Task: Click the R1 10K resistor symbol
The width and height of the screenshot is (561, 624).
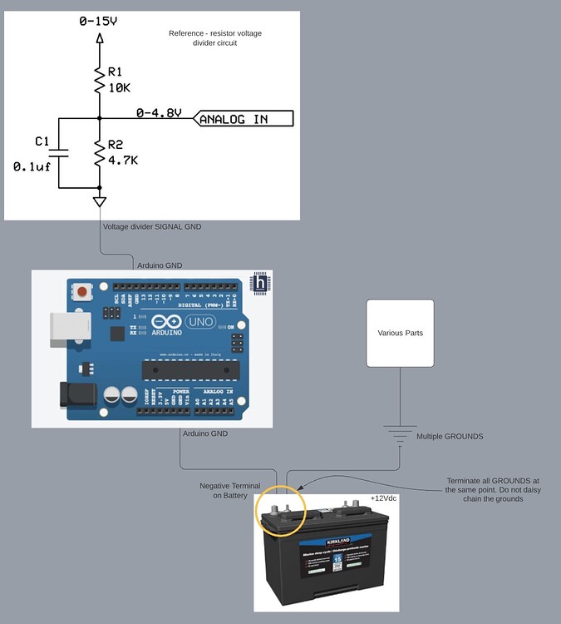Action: [x=100, y=82]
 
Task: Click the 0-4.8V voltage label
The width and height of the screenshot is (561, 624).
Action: [x=159, y=112]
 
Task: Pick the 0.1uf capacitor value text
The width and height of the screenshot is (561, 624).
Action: [x=32, y=166]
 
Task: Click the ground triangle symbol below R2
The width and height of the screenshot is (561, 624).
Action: [x=100, y=201]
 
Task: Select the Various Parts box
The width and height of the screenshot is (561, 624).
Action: [x=400, y=333]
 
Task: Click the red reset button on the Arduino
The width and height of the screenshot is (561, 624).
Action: [x=83, y=292]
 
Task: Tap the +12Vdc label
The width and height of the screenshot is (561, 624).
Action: [x=384, y=498]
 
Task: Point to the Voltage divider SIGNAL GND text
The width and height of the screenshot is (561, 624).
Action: [x=151, y=226]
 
